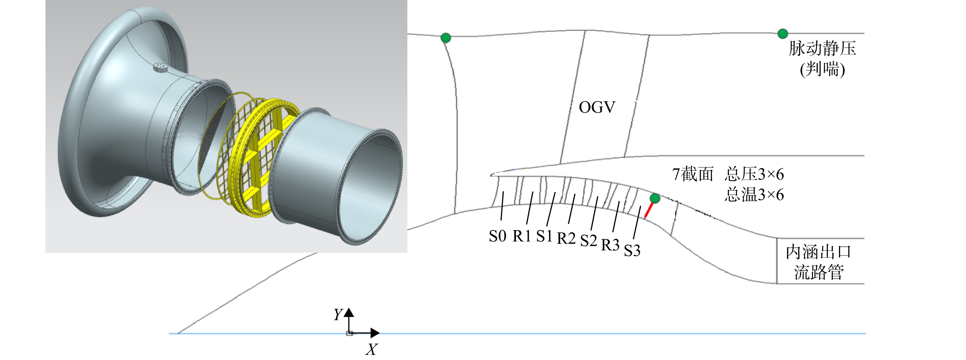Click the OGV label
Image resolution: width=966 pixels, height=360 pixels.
coord(597,108)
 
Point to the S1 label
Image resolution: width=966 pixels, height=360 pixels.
coord(545,236)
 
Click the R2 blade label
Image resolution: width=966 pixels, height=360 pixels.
coord(566,238)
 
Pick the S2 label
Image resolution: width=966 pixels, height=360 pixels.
coord(589,241)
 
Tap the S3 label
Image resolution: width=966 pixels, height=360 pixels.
coord(632,250)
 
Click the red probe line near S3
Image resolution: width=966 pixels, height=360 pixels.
coord(648,210)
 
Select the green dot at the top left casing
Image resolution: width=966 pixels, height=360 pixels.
coord(445,38)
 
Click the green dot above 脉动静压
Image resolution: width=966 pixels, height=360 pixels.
coord(782,34)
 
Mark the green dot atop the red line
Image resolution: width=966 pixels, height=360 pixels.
coord(655,198)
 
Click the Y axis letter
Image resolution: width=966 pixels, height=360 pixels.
coord(338,314)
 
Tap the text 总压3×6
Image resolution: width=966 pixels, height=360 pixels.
coord(754,174)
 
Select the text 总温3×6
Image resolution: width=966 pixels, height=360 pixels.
coord(754,195)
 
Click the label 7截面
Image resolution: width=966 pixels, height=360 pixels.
coord(693,174)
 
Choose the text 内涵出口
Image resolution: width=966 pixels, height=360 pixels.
coord(819,252)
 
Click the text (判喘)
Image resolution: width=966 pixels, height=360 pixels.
coord(822,69)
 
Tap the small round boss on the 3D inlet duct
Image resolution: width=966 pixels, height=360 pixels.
coord(161,67)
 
